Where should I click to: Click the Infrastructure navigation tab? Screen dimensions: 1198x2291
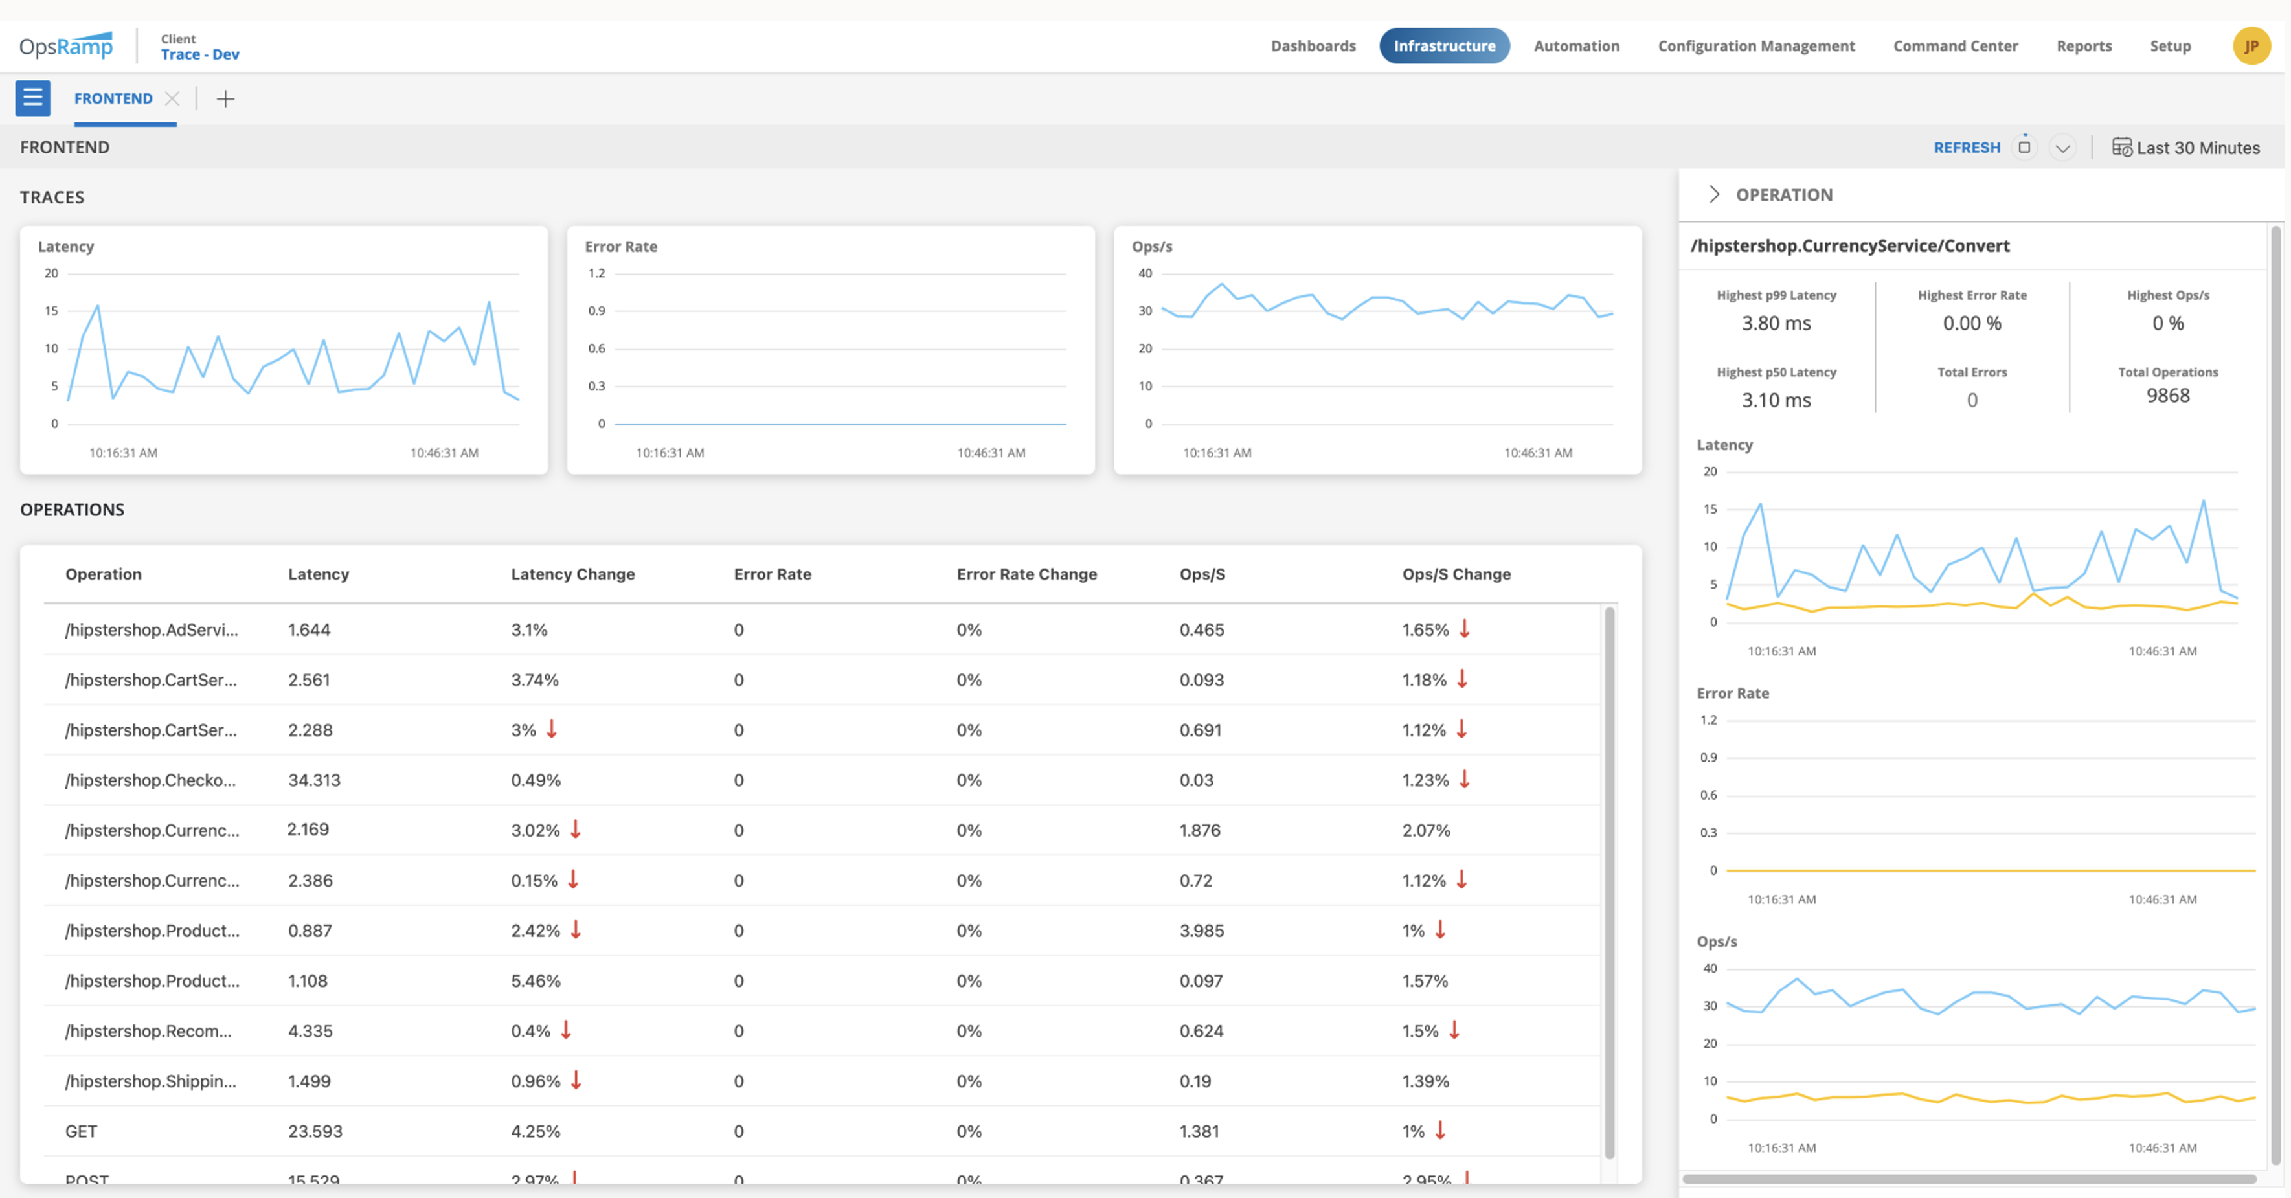point(1443,45)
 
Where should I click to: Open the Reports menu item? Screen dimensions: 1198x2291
point(2083,45)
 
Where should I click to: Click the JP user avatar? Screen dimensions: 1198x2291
point(2250,45)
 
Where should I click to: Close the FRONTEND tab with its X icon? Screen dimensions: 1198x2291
point(172,98)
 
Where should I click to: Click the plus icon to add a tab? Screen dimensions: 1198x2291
point(226,98)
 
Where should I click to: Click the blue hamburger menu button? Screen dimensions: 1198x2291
point(33,98)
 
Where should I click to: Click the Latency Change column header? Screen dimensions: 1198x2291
point(572,574)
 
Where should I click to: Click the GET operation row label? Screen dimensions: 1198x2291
point(81,1131)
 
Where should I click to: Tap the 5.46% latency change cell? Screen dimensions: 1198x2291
point(536,981)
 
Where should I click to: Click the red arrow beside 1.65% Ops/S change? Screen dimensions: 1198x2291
point(1464,629)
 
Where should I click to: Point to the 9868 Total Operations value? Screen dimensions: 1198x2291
point(2167,396)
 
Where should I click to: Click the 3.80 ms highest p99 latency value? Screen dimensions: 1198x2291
point(1775,323)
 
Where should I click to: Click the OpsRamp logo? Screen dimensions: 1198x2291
point(67,45)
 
